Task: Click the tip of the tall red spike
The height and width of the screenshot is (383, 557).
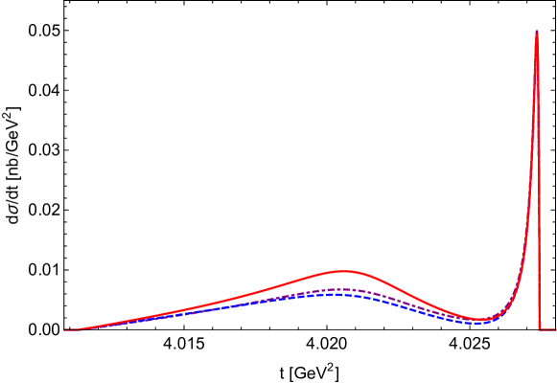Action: click(x=537, y=32)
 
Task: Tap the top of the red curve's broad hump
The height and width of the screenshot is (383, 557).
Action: click(x=343, y=271)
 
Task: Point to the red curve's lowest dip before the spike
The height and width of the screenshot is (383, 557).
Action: click(x=482, y=319)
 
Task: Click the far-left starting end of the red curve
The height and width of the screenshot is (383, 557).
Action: click(x=65, y=330)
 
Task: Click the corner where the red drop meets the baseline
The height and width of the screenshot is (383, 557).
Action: click(x=540, y=329)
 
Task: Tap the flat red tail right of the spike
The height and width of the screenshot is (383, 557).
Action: click(x=547, y=329)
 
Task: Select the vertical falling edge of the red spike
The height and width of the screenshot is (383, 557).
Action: click(x=539, y=191)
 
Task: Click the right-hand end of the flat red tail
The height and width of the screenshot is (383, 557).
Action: click(x=555, y=329)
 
